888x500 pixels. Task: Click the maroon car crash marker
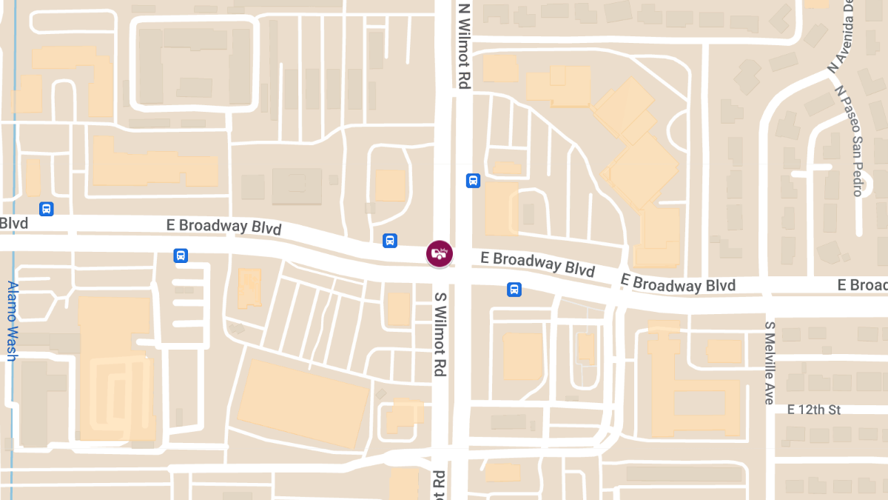tap(440, 253)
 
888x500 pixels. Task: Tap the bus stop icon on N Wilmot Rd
tap(473, 180)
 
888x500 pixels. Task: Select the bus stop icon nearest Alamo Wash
tap(47, 209)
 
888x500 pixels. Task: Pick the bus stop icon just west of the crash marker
tap(389, 240)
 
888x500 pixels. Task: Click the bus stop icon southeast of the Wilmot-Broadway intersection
tap(514, 289)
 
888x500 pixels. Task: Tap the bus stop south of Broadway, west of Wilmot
tap(181, 256)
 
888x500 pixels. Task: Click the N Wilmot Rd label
tap(464, 46)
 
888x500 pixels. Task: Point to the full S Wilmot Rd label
tap(440, 333)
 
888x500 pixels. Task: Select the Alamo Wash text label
tap(12, 321)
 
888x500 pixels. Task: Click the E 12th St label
tap(815, 409)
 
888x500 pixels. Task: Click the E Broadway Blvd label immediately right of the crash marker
tap(538, 262)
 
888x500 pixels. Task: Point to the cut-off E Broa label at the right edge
tap(862, 285)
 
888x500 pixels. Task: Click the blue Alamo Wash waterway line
tap(14, 148)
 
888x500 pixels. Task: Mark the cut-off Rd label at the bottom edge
tap(440, 484)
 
